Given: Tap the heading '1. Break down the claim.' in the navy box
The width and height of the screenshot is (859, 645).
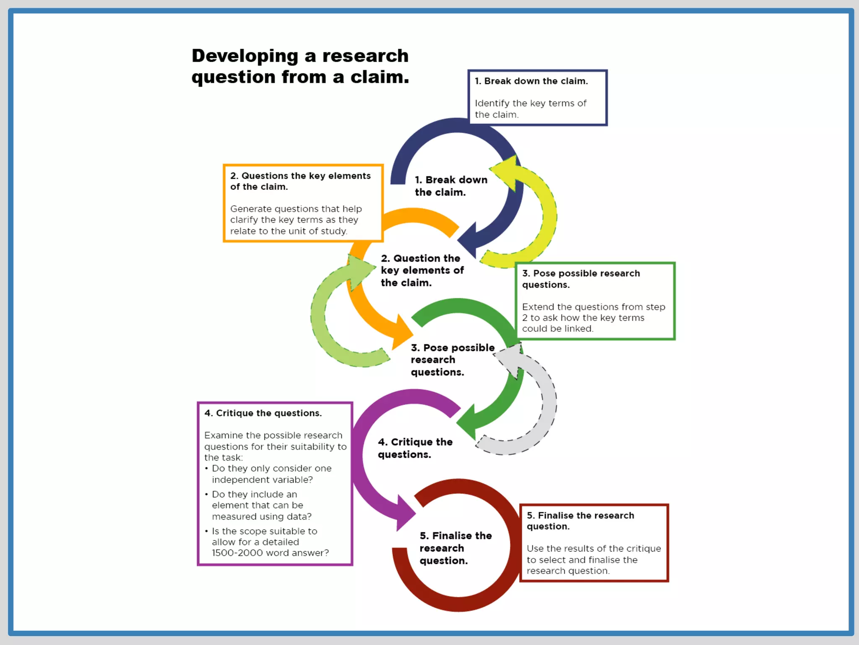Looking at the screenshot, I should point(531,81).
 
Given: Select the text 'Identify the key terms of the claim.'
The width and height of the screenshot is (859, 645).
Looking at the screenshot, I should point(530,109).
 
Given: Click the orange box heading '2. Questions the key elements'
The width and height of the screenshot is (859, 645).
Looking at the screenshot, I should point(300,181).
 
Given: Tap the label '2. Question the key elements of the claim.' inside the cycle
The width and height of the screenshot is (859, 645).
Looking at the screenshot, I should point(422,270).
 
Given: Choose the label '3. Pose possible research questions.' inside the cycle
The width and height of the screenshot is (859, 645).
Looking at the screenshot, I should point(452,360).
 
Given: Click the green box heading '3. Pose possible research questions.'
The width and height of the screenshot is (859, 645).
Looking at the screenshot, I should point(581,279).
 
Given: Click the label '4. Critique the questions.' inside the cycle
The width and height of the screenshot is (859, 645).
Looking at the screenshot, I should point(415,448).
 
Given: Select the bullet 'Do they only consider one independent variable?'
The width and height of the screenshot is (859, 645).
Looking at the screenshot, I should point(271,474).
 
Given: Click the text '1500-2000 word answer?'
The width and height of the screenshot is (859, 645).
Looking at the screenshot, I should point(270,553).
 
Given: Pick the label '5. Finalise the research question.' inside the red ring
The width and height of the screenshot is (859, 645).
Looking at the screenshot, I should point(456,548).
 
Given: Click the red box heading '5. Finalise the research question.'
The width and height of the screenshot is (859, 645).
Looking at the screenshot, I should point(580,521).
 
